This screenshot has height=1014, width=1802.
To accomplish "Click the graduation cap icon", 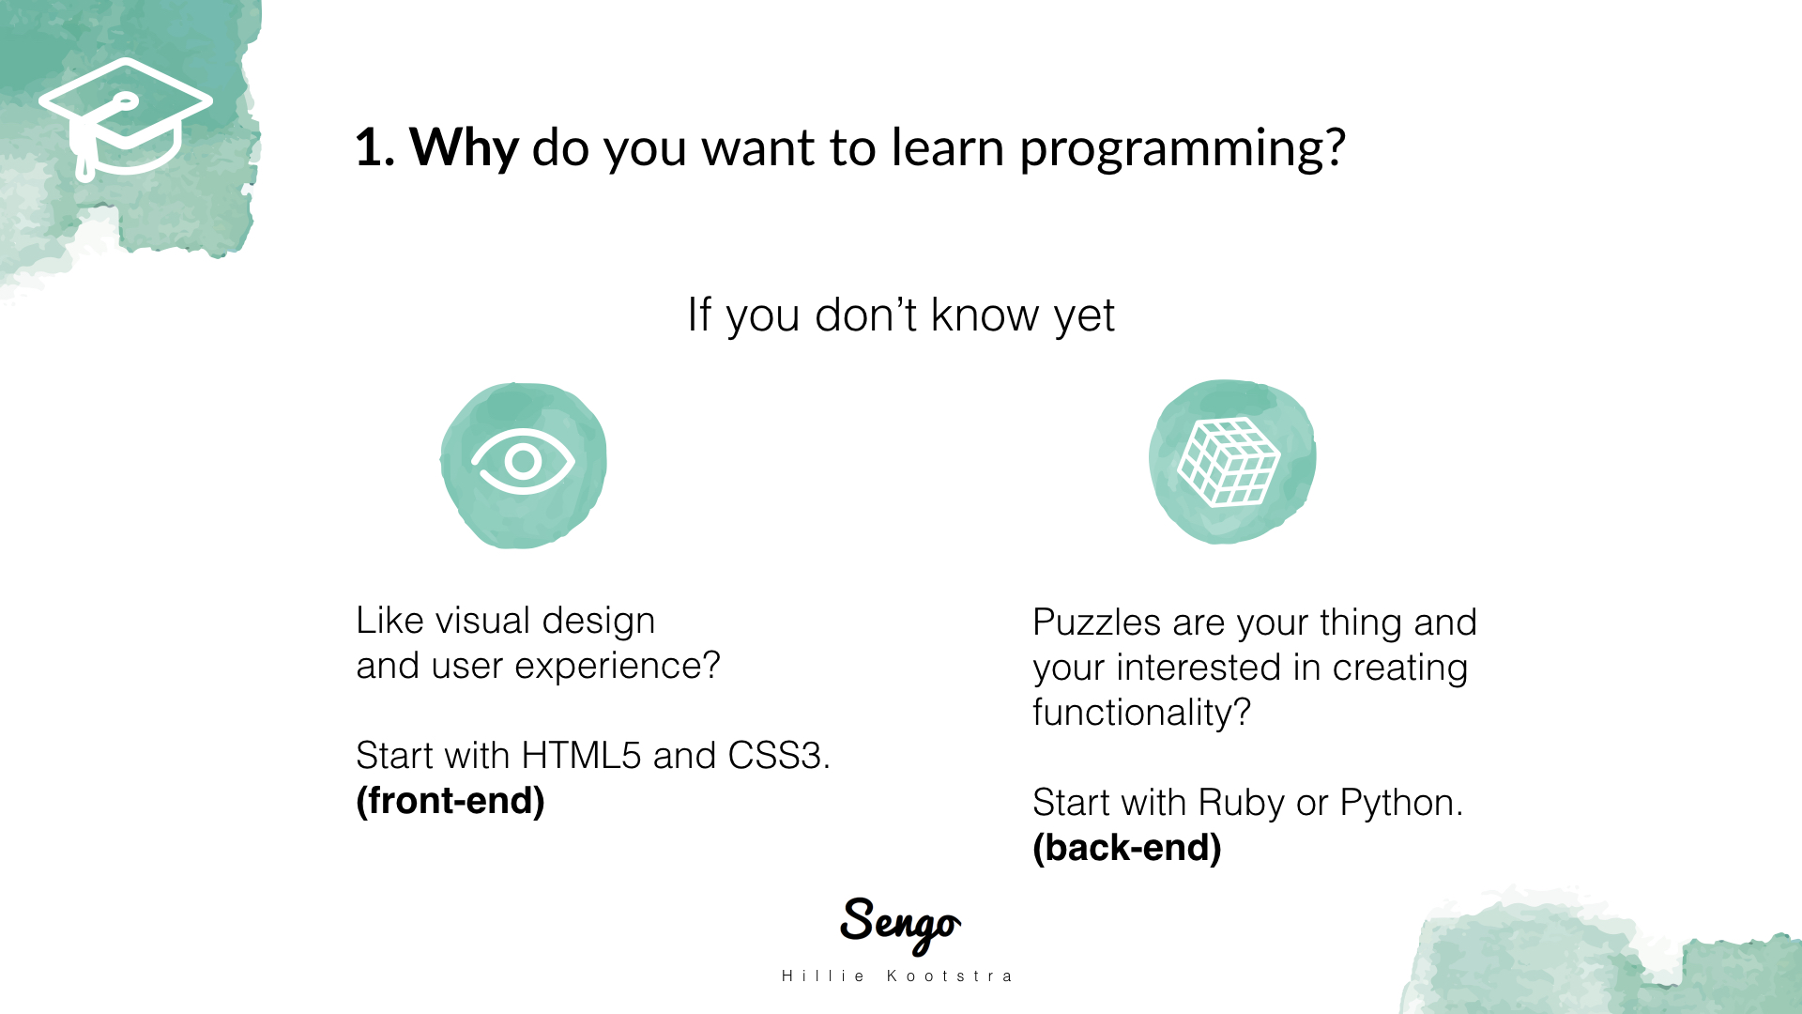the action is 126,118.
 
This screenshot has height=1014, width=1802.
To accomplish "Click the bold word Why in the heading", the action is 464,147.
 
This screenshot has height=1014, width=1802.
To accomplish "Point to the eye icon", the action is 523,461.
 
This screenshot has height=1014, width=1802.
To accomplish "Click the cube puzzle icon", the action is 1229,462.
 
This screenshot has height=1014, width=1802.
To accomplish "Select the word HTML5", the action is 581,756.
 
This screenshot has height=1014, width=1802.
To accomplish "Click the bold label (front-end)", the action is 450,801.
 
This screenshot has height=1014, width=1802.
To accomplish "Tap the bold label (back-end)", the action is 1127,848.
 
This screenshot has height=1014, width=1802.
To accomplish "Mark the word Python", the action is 1400,804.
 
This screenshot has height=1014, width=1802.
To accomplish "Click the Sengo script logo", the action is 900,925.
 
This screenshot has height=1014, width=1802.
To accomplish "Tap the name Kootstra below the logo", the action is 949,976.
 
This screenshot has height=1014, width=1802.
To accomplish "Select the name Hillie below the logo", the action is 823,976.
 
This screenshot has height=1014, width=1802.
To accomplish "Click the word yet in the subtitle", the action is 1084,316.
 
